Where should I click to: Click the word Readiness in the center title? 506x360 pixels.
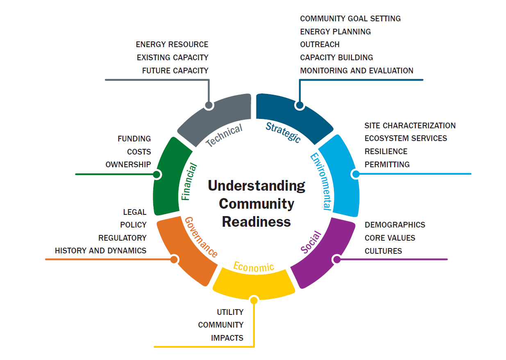click(256, 222)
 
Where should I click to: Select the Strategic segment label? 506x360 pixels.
click(283, 132)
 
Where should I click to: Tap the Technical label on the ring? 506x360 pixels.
click(224, 136)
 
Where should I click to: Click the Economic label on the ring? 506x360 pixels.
click(254, 267)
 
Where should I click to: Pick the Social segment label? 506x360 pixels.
click(311, 242)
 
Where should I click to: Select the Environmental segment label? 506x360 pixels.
click(321, 181)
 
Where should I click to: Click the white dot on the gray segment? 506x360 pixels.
click(209, 106)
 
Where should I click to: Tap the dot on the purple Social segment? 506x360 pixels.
click(337, 259)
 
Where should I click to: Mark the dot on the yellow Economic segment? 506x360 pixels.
click(254, 301)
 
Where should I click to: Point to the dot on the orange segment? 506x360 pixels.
click(174, 260)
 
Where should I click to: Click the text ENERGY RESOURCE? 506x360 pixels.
click(172, 44)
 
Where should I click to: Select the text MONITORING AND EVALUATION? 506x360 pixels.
click(356, 71)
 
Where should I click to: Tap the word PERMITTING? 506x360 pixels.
click(387, 164)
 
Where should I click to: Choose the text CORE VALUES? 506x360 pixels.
click(390, 238)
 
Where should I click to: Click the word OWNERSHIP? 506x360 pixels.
click(128, 164)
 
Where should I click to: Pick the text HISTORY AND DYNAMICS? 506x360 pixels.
click(100, 251)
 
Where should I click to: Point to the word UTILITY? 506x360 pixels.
click(230, 312)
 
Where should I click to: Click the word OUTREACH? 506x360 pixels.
click(320, 44)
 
